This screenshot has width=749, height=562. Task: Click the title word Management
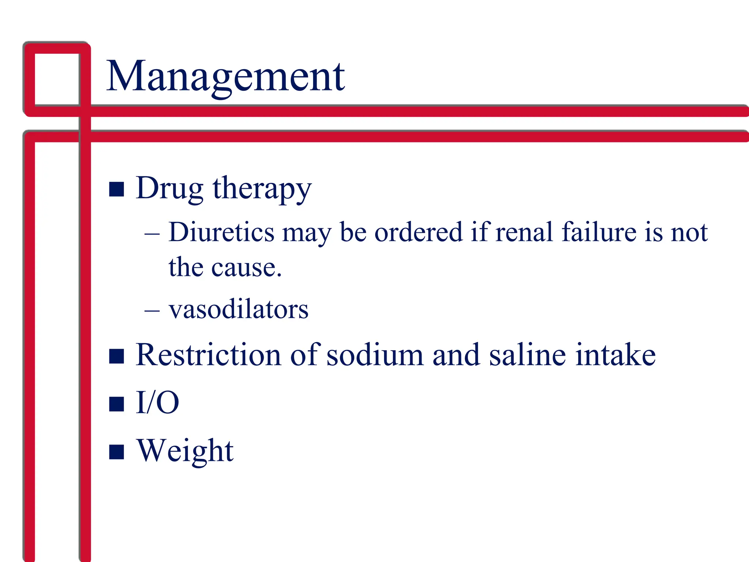(x=226, y=77)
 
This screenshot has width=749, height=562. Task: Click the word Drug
(x=169, y=188)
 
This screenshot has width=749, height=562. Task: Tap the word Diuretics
(x=221, y=232)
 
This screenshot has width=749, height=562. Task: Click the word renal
(x=524, y=232)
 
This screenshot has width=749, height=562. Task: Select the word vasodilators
(x=238, y=310)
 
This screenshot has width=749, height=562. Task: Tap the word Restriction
(x=208, y=355)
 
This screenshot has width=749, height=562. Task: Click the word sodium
(x=374, y=355)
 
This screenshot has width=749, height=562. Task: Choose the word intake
(x=615, y=355)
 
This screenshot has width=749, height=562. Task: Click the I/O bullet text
(x=157, y=402)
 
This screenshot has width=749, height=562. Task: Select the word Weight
(x=185, y=451)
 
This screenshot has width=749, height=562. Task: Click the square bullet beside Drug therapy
(x=117, y=189)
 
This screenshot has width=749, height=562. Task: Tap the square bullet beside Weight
(x=117, y=452)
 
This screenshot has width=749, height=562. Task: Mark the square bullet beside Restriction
(x=117, y=356)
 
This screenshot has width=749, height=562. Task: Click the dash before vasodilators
(x=152, y=311)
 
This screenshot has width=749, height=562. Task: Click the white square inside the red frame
(x=57, y=79)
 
